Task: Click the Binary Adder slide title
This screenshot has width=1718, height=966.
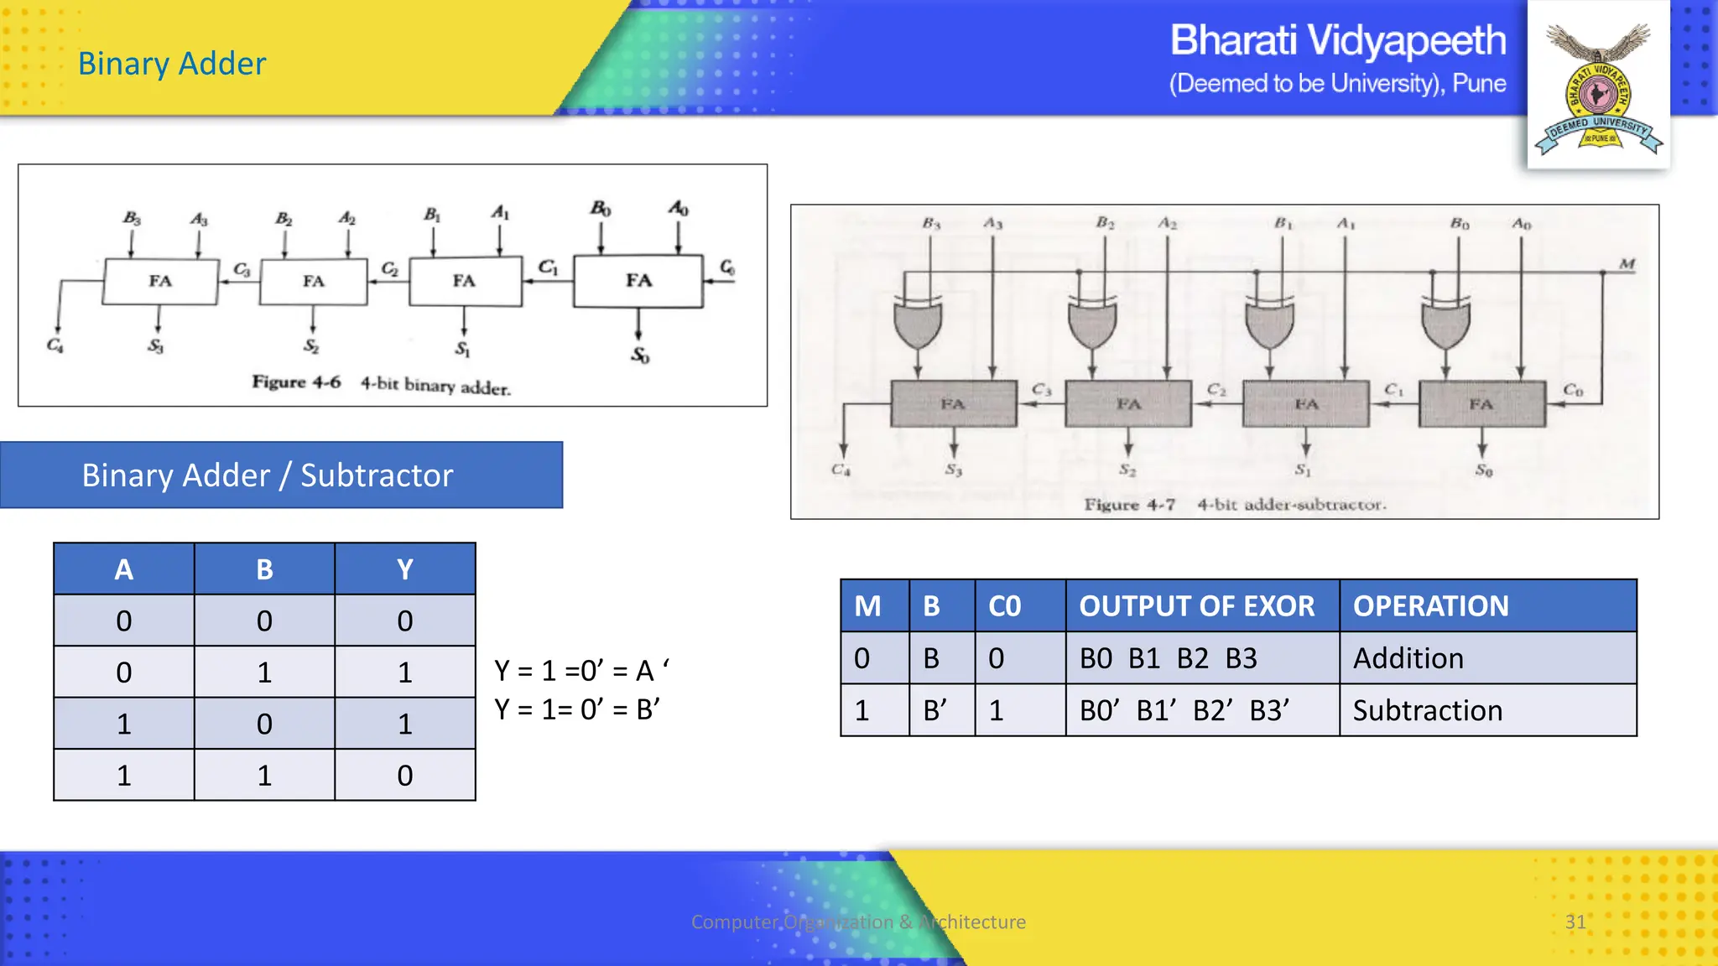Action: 172,64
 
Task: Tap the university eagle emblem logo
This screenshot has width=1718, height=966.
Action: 1598,88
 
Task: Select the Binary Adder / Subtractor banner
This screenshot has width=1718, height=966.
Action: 281,475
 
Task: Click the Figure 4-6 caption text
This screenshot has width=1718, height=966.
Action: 382,384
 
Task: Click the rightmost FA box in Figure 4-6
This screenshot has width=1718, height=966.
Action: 638,281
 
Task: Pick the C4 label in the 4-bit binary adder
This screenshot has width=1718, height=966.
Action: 55,345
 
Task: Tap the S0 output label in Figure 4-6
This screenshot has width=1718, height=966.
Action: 640,356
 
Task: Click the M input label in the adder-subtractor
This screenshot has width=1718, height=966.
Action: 1627,264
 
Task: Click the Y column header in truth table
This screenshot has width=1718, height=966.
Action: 405,569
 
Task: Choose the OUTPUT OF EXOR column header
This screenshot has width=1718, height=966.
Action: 1197,606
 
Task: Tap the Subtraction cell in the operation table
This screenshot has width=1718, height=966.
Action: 1428,711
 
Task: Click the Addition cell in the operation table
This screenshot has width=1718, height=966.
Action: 1408,659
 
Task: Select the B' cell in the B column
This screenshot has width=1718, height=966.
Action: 934,711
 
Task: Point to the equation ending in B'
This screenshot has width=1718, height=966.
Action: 577,709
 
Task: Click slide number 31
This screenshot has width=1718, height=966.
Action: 1575,922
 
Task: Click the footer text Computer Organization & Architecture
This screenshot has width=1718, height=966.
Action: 858,922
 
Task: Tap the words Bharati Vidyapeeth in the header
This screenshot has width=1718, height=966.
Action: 1337,41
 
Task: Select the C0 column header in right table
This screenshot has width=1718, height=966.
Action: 1004,606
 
